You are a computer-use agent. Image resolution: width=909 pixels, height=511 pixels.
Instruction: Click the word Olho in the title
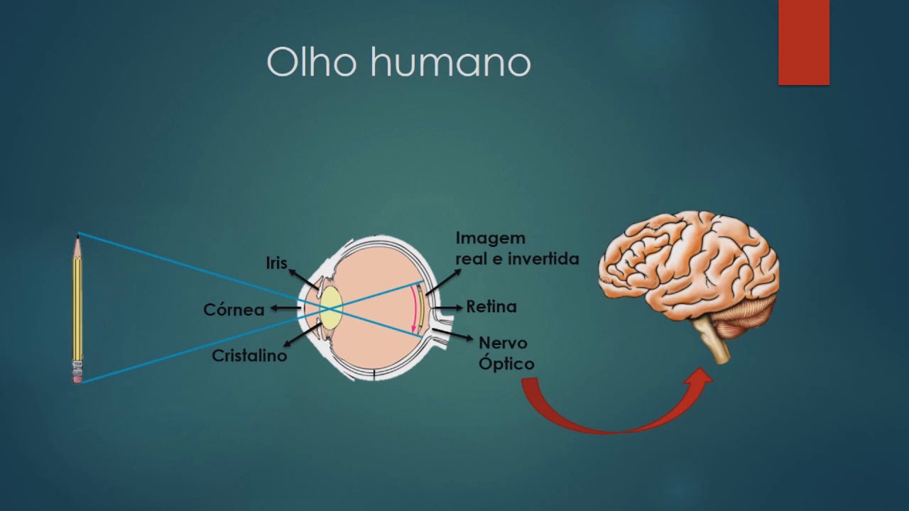pyautogui.click(x=313, y=62)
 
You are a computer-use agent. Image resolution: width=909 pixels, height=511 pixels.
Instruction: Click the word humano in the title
pyautogui.click(x=450, y=62)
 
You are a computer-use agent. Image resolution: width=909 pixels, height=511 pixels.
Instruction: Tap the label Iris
pyautogui.click(x=276, y=263)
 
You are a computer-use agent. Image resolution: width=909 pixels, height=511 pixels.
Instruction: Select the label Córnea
pyautogui.click(x=234, y=309)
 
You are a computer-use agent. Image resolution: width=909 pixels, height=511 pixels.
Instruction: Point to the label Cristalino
pyautogui.click(x=249, y=356)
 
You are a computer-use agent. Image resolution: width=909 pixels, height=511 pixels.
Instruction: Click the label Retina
pyautogui.click(x=491, y=307)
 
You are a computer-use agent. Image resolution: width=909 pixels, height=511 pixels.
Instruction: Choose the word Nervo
pyautogui.click(x=503, y=344)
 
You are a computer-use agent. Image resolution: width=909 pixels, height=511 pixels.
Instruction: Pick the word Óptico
pyautogui.click(x=506, y=363)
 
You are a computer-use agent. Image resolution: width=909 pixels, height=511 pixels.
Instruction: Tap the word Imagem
pyautogui.click(x=490, y=238)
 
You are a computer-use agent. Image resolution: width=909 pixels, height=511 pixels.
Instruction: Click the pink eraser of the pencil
pyautogui.click(x=77, y=378)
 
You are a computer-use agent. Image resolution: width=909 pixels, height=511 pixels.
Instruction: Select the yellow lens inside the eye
pyautogui.click(x=331, y=307)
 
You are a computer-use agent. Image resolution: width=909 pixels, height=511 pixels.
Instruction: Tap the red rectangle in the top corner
pyautogui.click(x=803, y=42)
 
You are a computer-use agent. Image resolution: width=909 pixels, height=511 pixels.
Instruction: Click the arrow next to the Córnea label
pyautogui.click(x=285, y=308)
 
